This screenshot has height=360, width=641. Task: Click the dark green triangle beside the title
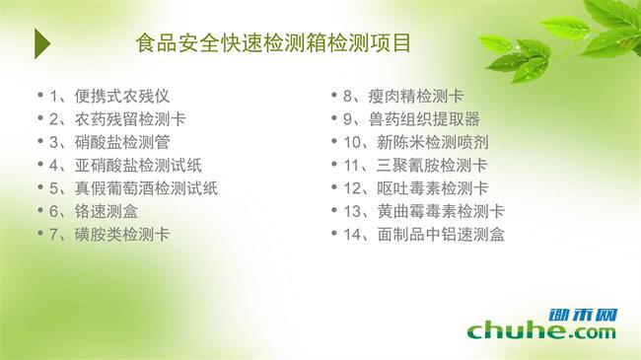tap(42, 43)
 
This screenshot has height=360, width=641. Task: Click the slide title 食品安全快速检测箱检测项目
tap(273, 43)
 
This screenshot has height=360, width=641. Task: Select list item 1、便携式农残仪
tap(109, 96)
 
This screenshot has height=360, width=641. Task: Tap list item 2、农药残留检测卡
tap(117, 119)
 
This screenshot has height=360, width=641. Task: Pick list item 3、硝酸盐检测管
tap(109, 142)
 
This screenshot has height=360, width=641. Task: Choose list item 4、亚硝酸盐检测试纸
tap(126, 166)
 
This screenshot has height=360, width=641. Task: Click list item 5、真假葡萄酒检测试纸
tap(134, 188)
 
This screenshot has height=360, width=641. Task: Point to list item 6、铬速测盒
tap(94, 211)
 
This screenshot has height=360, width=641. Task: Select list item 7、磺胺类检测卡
tap(109, 234)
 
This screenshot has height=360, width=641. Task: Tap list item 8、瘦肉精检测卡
tap(403, 96)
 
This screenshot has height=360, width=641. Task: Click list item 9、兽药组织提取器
tap(411, 119)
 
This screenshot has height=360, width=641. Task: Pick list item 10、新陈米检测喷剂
tap(416, 142)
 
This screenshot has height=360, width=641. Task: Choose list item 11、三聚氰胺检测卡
tap(416, 166)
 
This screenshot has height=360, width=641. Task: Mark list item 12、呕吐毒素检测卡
tap(416, 188)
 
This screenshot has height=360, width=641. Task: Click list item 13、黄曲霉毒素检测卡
tap(424, 211)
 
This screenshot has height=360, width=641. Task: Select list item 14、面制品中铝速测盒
tap(424, 234)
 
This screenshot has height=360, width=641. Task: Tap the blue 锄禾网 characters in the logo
tap(584, 315)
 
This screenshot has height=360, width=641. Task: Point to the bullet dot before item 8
tap(334, 96)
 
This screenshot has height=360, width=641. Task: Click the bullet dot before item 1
tap(40, 96)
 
